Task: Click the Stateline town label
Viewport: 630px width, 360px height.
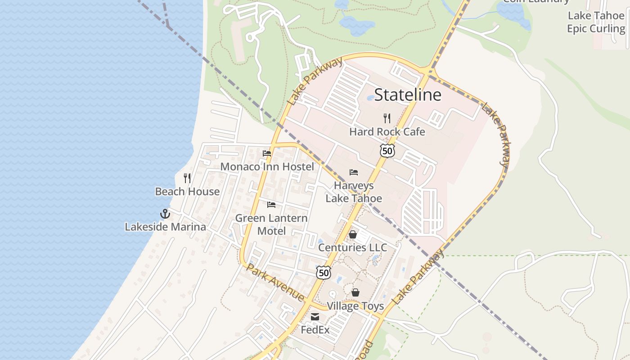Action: [408, 95]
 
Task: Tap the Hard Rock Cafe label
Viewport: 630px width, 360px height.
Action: [387, 132]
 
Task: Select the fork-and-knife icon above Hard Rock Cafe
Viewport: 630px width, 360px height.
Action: [387, 118]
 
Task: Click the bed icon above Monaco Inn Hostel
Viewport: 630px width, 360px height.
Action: [267, 153]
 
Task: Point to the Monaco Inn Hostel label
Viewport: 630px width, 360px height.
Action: [267, 167]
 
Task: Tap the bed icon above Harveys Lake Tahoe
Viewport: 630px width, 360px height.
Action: [354, 172]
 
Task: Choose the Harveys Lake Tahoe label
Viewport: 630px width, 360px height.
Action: [354, 192]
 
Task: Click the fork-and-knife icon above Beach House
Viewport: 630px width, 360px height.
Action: [187, 178]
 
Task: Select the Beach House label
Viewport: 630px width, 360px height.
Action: [187, 192]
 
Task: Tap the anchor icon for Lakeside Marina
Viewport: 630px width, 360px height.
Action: [165, 214]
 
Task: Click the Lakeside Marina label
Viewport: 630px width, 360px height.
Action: [165, 227]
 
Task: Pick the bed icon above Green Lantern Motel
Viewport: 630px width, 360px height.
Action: [271, 205]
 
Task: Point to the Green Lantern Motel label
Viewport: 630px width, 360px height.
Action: [271, 224]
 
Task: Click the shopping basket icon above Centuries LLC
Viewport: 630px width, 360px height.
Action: [353, 234]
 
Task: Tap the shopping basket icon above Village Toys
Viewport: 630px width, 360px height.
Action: [355, 292]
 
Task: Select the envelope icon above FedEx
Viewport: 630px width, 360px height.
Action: [315, 317]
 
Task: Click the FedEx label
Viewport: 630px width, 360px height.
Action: [315, 330]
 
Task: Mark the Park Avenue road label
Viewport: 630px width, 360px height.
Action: [275, 283]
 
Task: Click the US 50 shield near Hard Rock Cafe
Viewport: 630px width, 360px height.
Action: [387, 151]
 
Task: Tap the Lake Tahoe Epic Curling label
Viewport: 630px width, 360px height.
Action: [596, 22]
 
